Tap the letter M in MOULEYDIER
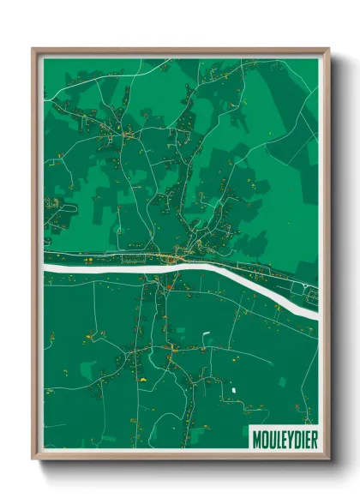coord(256,439)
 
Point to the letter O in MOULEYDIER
coord(263,439)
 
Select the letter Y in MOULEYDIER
coord(286,439)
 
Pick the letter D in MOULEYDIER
coord(292,439)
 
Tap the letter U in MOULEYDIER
coord(269,439)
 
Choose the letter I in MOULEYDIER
coord(297,439)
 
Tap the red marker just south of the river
coord(171,288)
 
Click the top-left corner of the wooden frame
coord(33,50)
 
